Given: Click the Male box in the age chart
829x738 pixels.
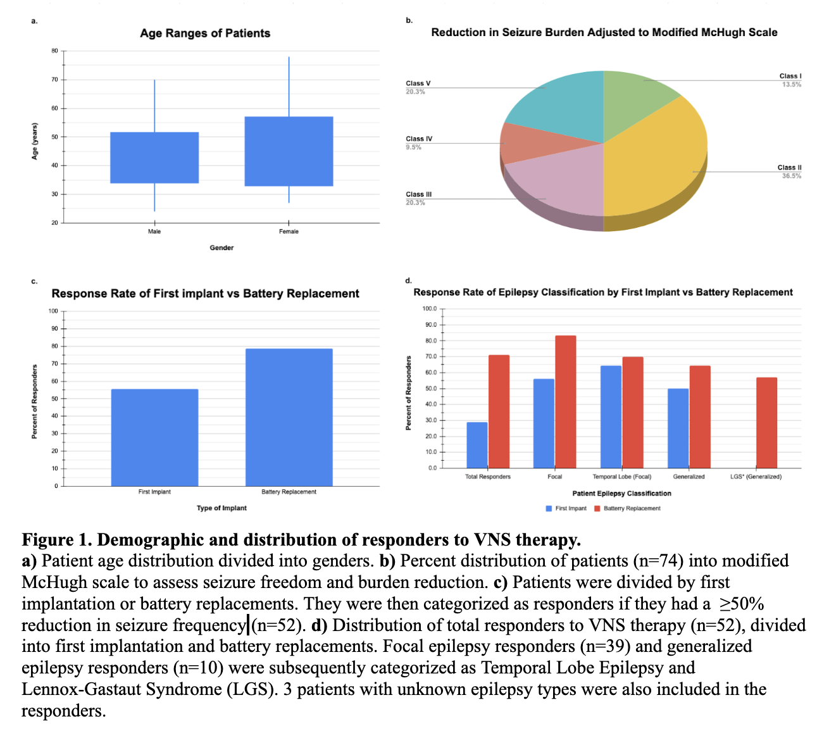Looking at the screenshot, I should [154, 158].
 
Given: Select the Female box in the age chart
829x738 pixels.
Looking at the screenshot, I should [289, 151].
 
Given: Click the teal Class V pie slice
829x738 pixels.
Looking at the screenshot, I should [557, 101].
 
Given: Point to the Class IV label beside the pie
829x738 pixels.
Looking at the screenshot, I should [420, 139].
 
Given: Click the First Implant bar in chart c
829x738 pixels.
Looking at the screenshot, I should [154, 437].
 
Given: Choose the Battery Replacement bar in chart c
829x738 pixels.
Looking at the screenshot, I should [289, 417].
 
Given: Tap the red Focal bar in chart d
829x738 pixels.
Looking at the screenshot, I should [566, 401].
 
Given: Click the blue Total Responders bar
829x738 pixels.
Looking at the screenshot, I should [477, 445].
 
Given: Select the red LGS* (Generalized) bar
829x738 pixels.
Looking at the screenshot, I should [766, 422].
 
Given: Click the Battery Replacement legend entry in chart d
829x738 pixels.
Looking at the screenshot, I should [631, 508].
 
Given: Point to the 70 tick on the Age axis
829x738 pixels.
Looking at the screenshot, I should [54, 80].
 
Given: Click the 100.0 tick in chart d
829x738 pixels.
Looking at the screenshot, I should [429, 309].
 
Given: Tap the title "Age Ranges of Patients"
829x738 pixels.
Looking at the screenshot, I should [205, 33].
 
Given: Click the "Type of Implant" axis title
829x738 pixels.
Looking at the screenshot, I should [221, 508].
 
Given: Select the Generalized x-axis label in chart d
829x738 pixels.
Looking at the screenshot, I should [689, 477].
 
